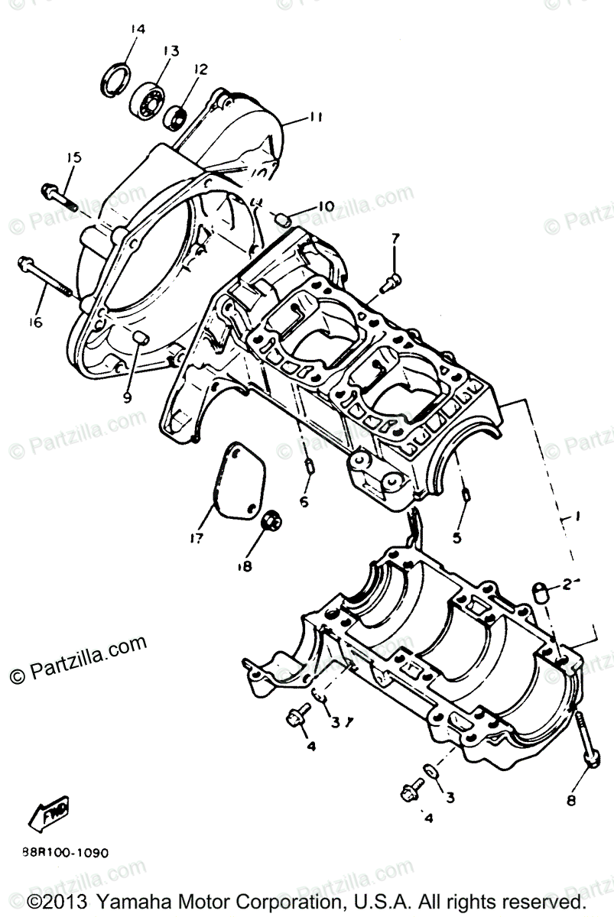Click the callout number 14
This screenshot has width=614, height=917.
click(x=137, y=30)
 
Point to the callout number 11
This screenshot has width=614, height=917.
click(x=316, y=118)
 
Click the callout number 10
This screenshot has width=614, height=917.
click(x=326, y=206)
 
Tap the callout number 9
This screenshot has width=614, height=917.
click(x=128, y=397)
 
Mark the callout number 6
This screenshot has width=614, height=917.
click(x=304, y=502)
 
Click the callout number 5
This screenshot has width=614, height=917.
click(x=456, y=537)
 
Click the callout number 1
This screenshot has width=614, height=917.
click(x=573, y=516)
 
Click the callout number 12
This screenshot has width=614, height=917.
click(x=200, y=70)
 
